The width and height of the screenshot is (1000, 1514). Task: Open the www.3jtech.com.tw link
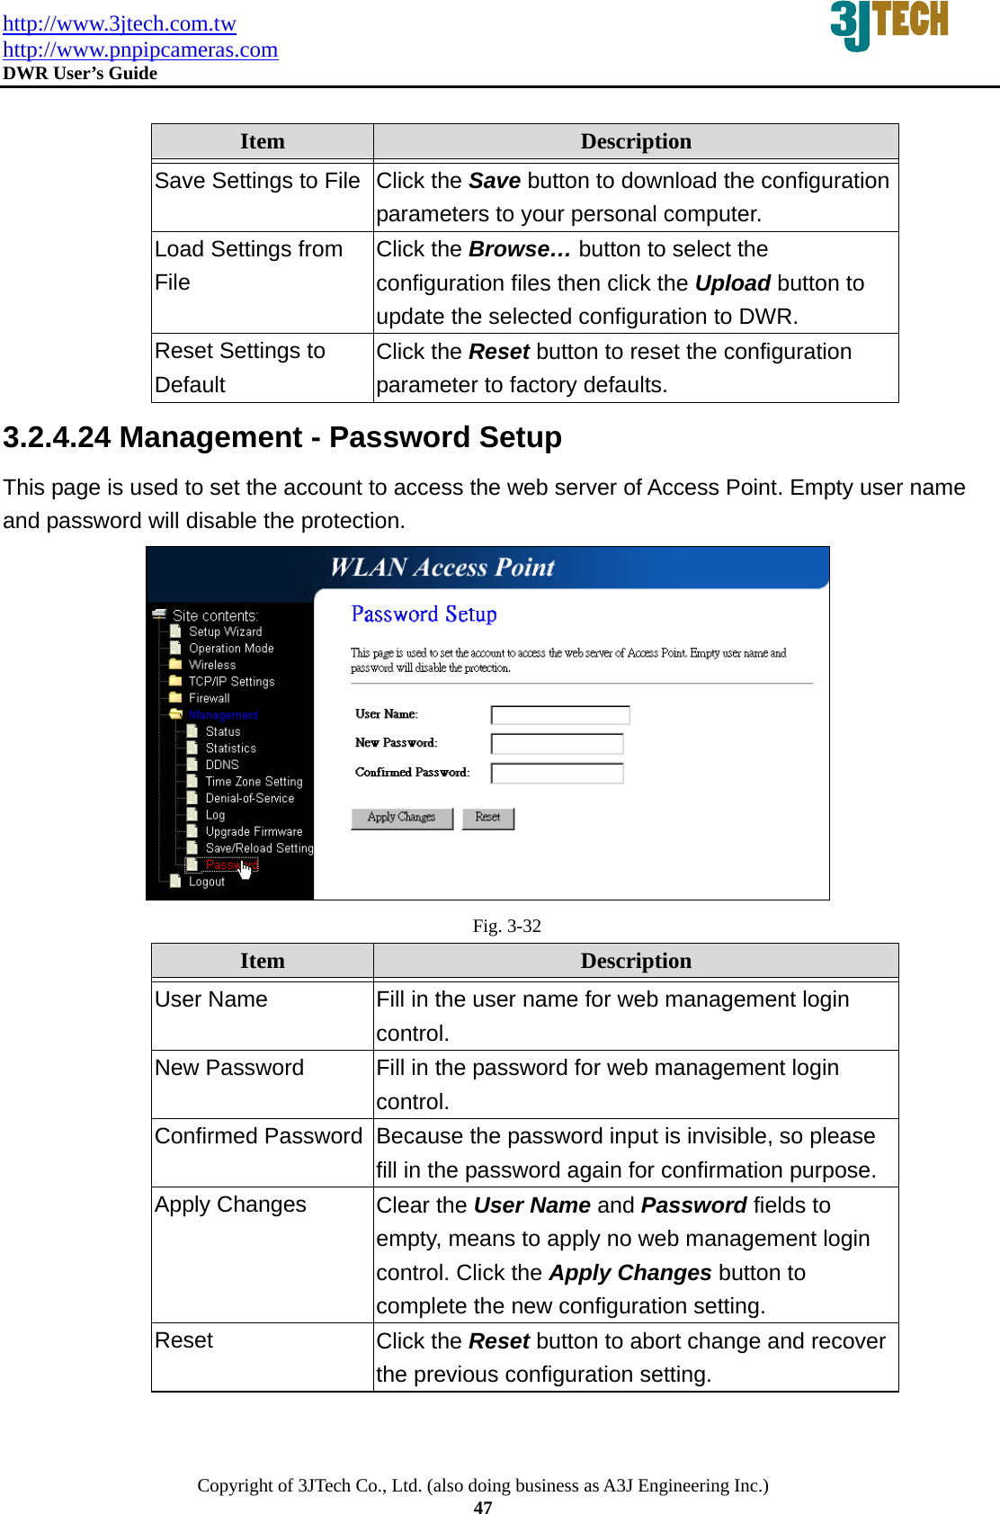coord(120,23)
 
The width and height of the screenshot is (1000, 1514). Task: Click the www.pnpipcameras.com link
coord(140,49)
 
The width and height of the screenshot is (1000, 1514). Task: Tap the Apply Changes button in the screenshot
coord(401,818)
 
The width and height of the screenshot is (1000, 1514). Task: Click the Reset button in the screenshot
coord(487,818)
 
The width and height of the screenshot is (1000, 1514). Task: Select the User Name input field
coord(559,715)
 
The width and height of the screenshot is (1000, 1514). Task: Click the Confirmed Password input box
coord(557,774)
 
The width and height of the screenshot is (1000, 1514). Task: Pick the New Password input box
coord(557,744)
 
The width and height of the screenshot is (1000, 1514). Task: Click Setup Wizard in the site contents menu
coord(225,632)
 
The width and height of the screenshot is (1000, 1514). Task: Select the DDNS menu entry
coord(222,766)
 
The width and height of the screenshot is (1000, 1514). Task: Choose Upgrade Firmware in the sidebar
coord(254,832)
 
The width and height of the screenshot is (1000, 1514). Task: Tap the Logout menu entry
coord(207,882)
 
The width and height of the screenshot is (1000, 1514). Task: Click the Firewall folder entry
coord(209,699)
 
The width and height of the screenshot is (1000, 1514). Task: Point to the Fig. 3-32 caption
coord(506,927)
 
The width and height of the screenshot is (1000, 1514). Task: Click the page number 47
coord(483,1508)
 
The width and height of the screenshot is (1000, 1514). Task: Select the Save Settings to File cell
coord(257,182)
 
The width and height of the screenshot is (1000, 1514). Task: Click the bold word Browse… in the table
coord(520,250)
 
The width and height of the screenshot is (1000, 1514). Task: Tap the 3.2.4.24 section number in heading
coord(57,438)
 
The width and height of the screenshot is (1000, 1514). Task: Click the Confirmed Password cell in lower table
coord(258,1137)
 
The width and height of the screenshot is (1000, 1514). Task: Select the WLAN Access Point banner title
coord(442,568)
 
